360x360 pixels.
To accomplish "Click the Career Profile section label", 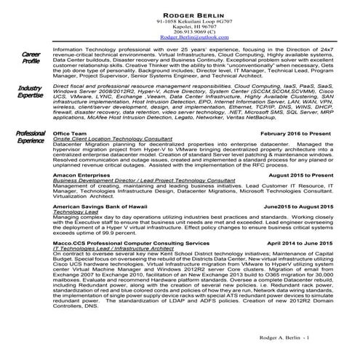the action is (x=31, y=58).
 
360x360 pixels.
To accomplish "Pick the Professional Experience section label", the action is (x=31, y=137).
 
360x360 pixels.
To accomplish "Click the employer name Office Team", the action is (x=71, y=135).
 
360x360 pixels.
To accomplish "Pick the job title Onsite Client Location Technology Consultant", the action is (x=113, y=140).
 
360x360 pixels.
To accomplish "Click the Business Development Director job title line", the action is (x=138, y=182).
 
